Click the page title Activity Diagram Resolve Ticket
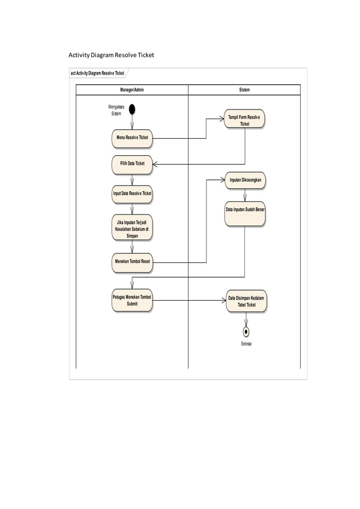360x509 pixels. click(111, 55)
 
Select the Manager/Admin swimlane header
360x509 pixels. click(132, 90)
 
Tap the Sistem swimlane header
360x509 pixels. click(244, 90)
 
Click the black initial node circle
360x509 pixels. click(132, 108)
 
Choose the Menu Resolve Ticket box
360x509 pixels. click(132, 138)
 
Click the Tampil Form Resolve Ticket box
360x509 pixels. click(244, 120)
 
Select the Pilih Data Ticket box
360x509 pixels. click(132, 164)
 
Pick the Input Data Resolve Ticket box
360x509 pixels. click(132, 194)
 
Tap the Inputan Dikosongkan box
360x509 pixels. click(244, 180)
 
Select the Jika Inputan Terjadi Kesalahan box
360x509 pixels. click(132, 230)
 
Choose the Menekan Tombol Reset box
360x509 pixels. click(132, 262)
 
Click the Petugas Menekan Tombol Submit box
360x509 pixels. click(132, 301)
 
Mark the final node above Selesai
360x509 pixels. click(246, 332)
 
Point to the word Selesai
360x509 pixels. click(246, 343)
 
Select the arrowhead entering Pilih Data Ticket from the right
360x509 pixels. click(156, 164)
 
